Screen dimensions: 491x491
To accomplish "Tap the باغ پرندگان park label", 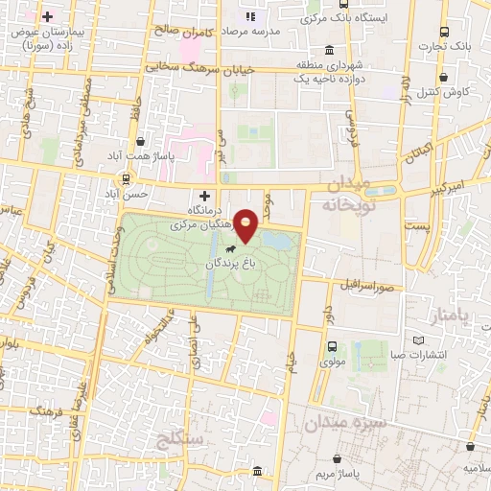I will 227,262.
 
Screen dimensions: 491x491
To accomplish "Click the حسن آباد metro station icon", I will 128,179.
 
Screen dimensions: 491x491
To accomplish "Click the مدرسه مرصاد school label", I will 279,30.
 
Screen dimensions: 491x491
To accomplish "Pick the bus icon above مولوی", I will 332,347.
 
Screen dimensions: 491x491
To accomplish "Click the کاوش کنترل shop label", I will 442,90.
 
